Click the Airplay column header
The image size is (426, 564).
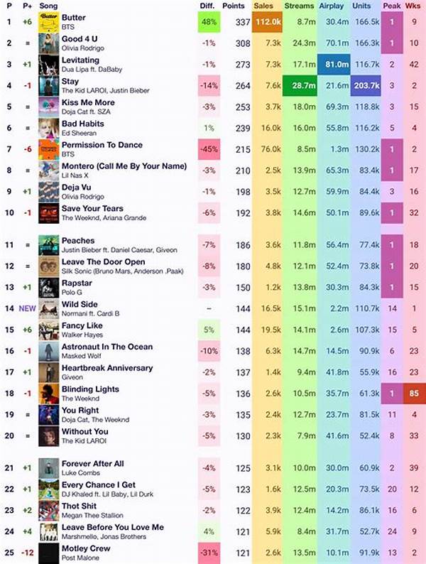[x=332, y=6]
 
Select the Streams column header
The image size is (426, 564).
[x=299, y=6]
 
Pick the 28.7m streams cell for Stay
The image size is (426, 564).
[x=299, y=86]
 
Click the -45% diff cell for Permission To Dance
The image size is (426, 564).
[x=209, y=150]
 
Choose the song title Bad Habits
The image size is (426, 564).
[x=83, y=124]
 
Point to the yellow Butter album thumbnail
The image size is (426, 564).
[x=48, y=22]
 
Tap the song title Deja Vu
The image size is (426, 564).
[x=77, y=188]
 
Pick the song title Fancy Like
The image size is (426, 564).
[x=82, y=325]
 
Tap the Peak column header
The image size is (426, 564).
[x=391, y=6]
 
